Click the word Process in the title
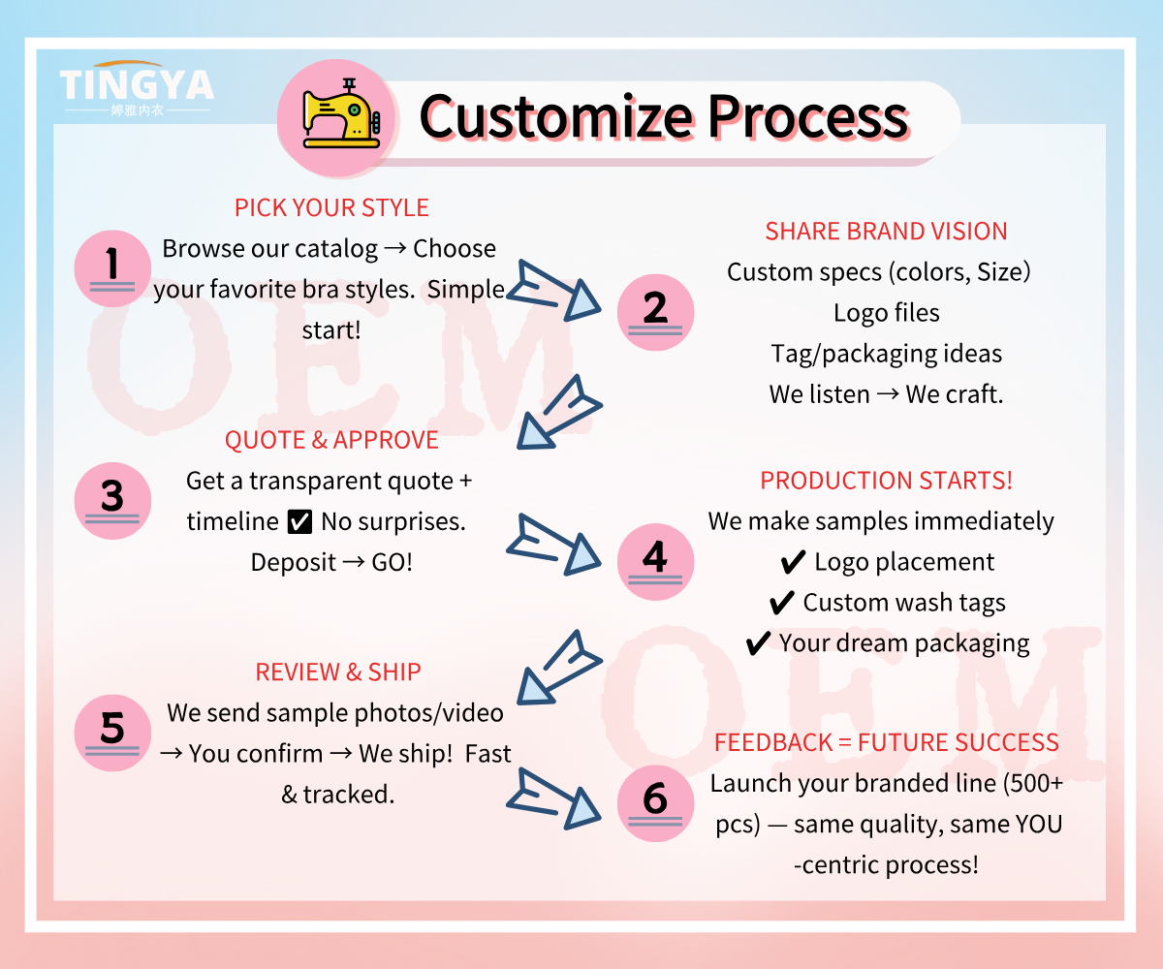tap(807, 117)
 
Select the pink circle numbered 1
tap(112, 266)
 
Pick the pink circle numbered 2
tap(655, 311)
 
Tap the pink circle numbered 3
tap(112, 499)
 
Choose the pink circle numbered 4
tap(655, 561)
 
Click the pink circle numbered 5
tap(112, 731)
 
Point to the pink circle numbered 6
tap(655, 801)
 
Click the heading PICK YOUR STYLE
tap(331, 208)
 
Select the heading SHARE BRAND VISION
tap(886, 232)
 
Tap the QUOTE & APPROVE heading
tap(331, 441)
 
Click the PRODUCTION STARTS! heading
tap(886, 482)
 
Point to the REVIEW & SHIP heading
tap(338, 672)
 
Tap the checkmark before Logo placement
tap(793, 562)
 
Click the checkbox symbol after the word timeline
tap(300, 522)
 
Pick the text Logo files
tap(886, 313)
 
